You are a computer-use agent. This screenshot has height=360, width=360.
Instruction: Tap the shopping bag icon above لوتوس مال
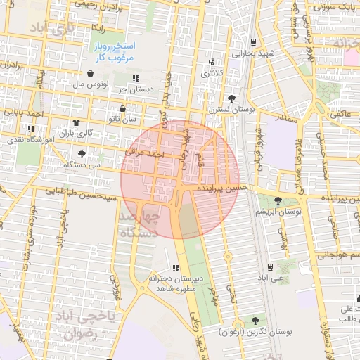tap(90, 73)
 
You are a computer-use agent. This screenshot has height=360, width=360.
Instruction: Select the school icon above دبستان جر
tap(135, 78)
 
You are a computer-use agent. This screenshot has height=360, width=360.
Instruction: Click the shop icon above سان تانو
tap(124, 109)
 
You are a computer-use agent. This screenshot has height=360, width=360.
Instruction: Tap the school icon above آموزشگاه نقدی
tap(31, 129)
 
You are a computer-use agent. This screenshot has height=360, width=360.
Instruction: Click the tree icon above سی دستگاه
tap(82, 153)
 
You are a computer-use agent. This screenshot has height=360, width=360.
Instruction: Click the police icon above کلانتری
tap(213, 63)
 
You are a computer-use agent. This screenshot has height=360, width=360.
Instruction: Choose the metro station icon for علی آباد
tap(270, 267)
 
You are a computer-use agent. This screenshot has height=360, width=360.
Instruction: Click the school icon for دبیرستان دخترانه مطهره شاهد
tap(175, 268)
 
